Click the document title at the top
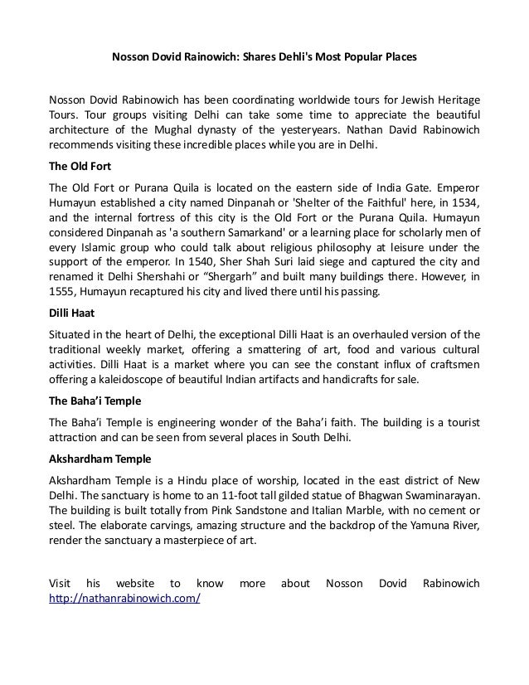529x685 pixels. tap(264, 59)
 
